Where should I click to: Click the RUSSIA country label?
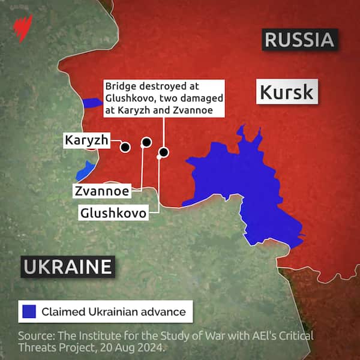[x=298, y=40]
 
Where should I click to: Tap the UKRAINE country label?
[x=68, y=266]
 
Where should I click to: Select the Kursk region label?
[x=286, y=92]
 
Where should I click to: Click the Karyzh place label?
[x=87, y=140]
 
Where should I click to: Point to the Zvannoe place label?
[x=102, y=191]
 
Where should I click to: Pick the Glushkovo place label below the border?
[x=113, y=212]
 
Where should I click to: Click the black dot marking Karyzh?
[x=125, y=146]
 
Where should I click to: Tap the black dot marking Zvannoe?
[x=146, y=142]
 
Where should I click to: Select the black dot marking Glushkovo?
[x=163, y=152]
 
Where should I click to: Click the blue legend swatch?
[x=29, y=312]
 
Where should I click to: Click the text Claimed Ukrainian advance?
[x=113, y=312]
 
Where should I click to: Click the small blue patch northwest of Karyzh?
[x=92, y=103]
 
